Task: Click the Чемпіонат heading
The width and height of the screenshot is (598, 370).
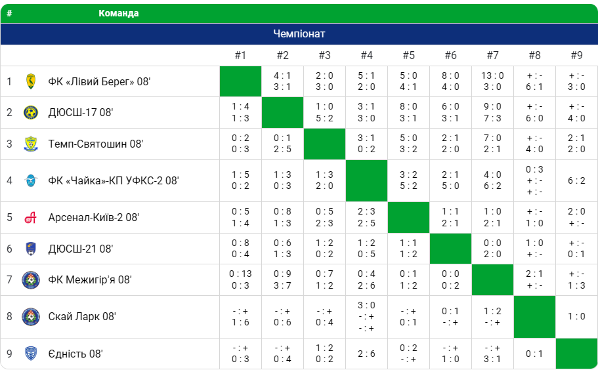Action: (x=299, y=34)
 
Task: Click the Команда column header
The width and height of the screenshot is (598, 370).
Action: (x=118, y=13)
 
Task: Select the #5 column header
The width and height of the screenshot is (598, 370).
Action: (x=408, y=55)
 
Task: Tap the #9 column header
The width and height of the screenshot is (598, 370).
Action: (x=576, y=55)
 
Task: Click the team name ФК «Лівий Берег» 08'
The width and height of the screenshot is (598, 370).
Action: (x=99, y=81)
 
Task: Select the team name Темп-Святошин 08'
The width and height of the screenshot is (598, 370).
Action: (x=95, y=144)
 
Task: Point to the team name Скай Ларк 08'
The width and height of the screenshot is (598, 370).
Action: (x=82, y=316)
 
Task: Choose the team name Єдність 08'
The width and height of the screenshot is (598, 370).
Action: (x=75, y=354)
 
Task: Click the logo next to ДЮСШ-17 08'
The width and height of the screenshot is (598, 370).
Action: (x=31, y=112)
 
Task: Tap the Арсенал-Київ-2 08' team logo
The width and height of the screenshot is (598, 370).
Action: (x=31, y=217)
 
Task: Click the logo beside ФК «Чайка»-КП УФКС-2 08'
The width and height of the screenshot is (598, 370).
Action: (x=31, y=180)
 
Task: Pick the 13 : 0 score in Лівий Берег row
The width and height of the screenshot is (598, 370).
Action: (x=492, y=75)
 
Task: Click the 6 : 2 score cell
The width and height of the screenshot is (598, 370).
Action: (x=576, y=180)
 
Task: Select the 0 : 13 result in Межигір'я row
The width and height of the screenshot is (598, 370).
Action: (x=240, y=274)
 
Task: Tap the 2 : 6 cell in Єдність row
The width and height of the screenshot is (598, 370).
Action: (x=366, y=354)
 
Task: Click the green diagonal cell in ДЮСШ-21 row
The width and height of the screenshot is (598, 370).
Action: (x=450, y=249)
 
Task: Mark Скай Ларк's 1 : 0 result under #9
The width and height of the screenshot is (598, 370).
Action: (x=576, y=316)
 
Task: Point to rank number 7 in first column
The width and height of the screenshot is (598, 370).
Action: (x=9, y=280)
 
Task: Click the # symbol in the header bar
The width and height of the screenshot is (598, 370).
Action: (x=9, y=13)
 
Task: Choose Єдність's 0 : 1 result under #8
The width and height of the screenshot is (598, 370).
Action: (x=534, y=354)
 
